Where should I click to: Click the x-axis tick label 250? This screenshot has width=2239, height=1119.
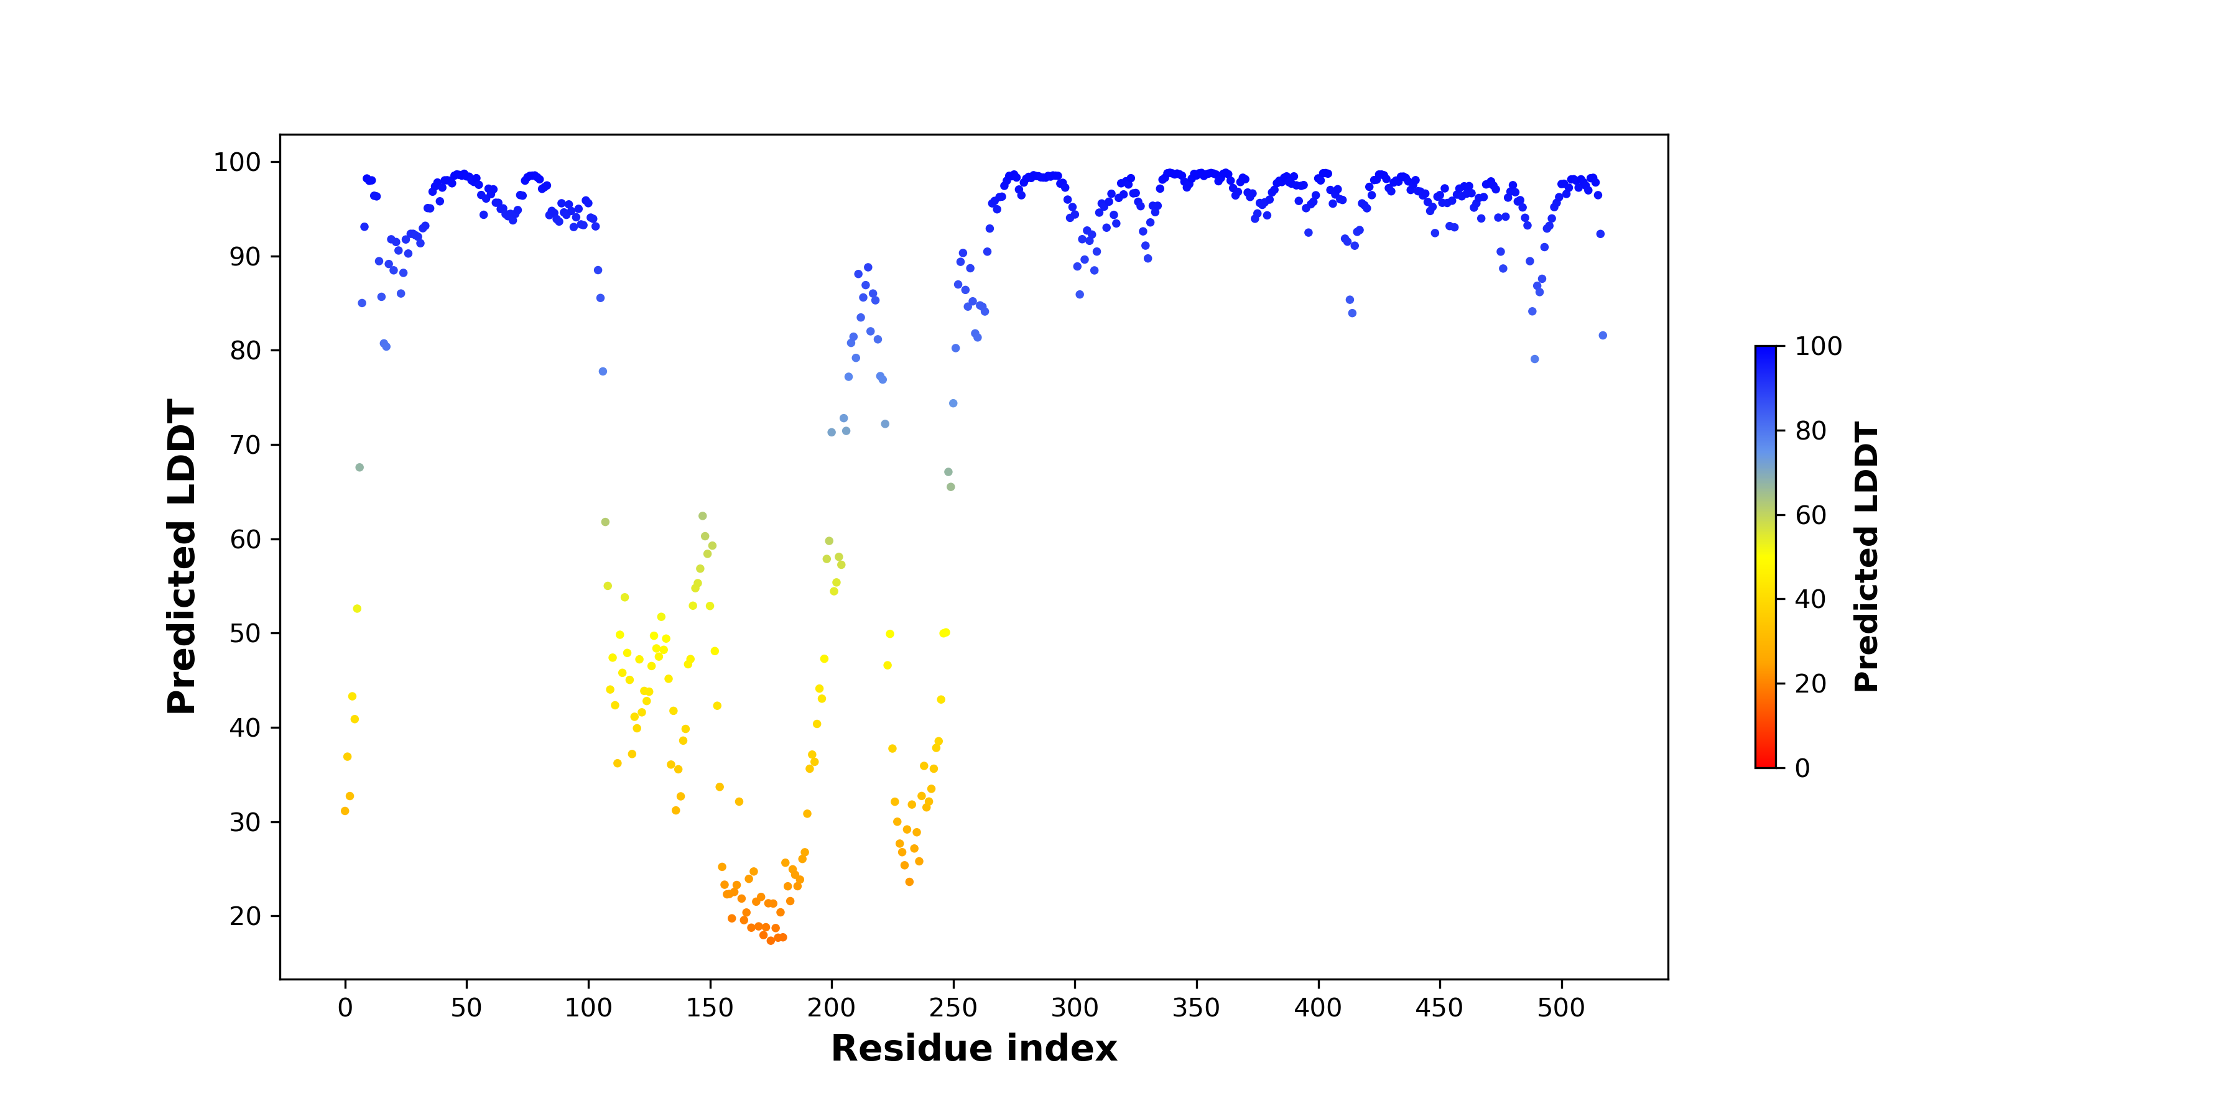click(953, 1008)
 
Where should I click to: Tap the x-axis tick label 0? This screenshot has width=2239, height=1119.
click(345, 1008)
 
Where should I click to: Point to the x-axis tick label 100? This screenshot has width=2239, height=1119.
click(588, 1008)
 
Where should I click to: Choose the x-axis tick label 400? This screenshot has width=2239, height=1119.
click(1319, 1008)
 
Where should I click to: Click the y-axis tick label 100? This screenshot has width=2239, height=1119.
click(238, 162)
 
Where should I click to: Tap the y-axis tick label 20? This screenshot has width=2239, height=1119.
click(245, 916)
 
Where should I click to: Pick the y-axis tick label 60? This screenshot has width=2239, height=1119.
click(245, 540)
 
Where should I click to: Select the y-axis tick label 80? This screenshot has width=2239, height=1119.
click(245, 351)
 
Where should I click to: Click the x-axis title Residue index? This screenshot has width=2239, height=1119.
click(973, 1049)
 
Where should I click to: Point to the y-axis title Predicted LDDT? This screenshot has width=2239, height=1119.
click(182, 557)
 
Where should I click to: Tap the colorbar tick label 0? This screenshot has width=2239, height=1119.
click(1802, 768)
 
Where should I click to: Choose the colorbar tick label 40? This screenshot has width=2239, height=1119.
click(1810, 599)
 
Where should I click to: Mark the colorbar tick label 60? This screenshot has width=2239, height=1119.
click(1810, 515)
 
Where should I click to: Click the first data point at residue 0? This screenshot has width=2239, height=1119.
click(345, 811)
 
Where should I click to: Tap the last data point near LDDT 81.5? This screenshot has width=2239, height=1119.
click(1603, 335)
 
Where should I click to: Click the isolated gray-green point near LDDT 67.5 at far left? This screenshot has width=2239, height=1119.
click(360, 467)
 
